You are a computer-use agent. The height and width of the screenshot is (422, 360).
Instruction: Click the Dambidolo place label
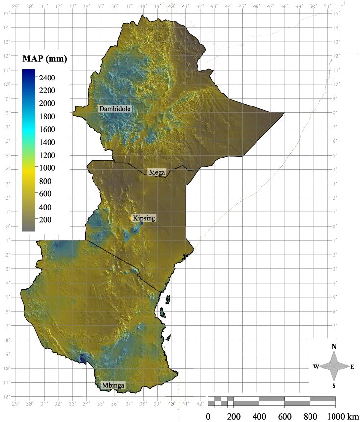(x=115, y=108)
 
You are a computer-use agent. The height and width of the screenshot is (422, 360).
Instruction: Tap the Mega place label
(x=157, y=172)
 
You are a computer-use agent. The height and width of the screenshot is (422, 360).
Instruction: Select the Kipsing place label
(x=144, y=218)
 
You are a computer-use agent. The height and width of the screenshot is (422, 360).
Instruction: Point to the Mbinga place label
(x=112, y=386)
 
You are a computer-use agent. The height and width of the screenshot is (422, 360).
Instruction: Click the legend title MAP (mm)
(x=45, y=59)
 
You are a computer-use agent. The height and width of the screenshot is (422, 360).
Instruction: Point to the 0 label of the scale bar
(x=208, y=417)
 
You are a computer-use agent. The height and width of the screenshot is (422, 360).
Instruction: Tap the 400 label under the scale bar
(x=259, y=417)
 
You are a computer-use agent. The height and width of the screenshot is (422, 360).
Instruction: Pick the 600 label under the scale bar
(x=284, y=417)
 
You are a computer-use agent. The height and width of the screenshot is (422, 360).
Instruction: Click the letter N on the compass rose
(x=334, y=347)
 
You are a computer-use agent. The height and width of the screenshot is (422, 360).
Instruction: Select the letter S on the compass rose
(x=334, y=386)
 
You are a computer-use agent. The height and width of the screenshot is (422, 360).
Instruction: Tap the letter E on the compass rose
(x=352, y=367)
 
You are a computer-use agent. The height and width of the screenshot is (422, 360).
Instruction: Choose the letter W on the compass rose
(x=316, y=367)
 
